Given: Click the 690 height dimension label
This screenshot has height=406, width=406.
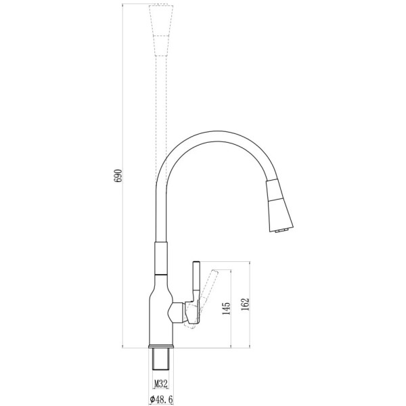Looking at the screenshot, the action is (x=118, y=176).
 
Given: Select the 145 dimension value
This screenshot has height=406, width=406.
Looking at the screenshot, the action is (x=226, y=308).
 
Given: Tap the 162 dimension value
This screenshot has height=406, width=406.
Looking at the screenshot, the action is (x=245, y=304).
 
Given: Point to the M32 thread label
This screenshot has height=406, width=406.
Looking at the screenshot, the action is (x=161, y=384).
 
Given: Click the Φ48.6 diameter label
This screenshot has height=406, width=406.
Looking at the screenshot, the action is (x=161, y=399).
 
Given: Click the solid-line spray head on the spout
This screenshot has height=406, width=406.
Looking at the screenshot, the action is (x=279, y=205).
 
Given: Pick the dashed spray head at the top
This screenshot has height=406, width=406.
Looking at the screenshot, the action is (x=161, y=30).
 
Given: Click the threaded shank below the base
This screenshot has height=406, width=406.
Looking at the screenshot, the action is (x=161, y=359).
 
